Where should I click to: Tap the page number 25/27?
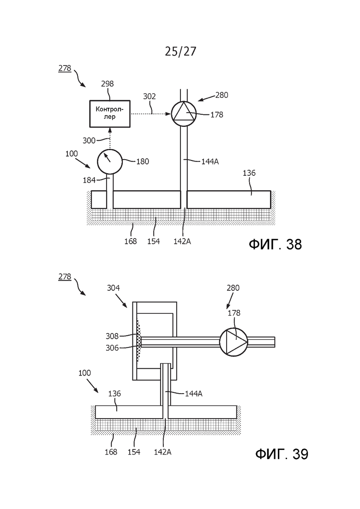pos(180,51)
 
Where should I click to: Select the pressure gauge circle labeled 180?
pos(110,162)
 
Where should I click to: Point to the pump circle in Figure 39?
pos(234,342)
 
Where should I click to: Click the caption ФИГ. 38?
pos(275,244)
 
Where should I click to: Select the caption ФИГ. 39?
pos(282,454)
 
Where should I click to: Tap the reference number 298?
pos(108,84)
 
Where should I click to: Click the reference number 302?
pos(150,96)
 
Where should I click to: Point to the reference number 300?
pos(89,141)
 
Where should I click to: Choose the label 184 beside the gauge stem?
pos(89,180)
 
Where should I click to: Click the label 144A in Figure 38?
pos(210,162)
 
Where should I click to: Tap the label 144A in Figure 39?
pos(194,394)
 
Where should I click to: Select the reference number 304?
pos(113,288)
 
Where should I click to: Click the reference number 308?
pos(112,336)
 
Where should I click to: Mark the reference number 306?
pos(112,348)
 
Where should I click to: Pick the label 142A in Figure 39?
pos(162,452)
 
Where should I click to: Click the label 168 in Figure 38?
pos(131,241)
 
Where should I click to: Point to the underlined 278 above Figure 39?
pos(65,277)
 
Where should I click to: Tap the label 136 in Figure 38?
pos(249,173)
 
